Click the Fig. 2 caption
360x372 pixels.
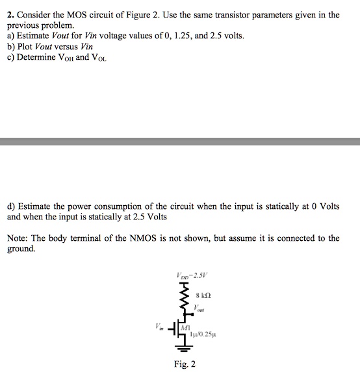point(185,364)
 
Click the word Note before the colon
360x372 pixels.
point(18,238)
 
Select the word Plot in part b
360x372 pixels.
point(26,45)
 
